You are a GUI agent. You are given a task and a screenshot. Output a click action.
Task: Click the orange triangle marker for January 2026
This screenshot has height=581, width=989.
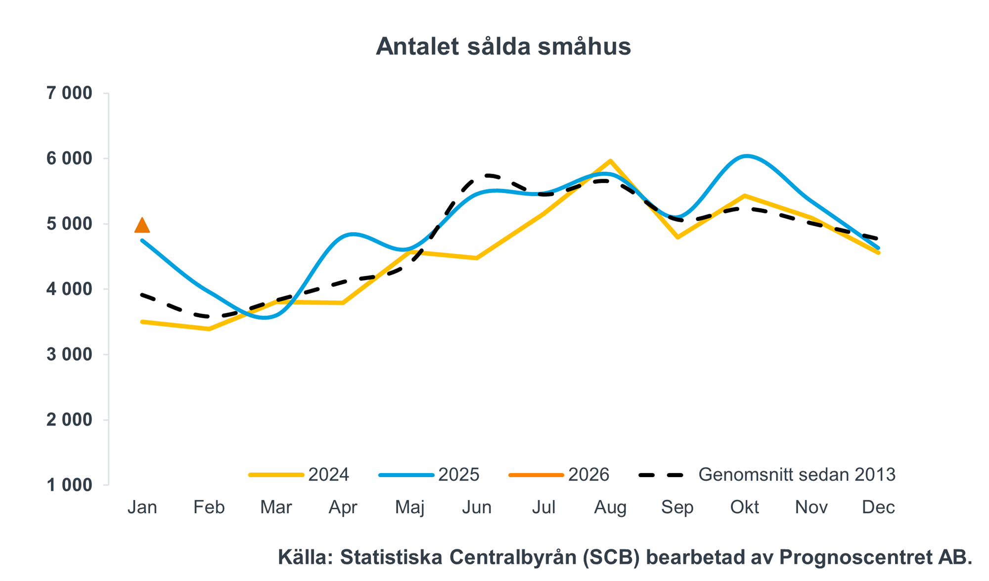(142, 226)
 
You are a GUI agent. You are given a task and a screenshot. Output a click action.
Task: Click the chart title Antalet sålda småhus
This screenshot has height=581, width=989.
(503, 47)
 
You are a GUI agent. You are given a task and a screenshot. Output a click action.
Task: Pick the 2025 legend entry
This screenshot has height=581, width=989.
(429, 475)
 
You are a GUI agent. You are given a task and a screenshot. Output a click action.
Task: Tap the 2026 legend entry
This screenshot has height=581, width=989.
(559, 475)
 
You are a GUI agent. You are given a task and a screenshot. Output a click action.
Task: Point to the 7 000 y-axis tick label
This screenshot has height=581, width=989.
(69, 93)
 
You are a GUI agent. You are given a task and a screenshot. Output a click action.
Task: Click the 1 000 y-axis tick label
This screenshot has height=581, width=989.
(69, 485)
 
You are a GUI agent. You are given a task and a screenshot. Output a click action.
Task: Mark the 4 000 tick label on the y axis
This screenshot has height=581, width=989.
(69, 289)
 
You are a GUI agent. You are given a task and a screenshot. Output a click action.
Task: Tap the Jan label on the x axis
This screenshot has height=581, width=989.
(142, 507)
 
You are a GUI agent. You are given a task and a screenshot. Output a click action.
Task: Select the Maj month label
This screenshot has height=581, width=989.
(410, 507)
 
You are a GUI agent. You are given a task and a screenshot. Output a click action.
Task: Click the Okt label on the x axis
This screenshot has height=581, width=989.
(744, 507)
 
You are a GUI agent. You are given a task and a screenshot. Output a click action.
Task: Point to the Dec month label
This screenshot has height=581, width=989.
(878, 507)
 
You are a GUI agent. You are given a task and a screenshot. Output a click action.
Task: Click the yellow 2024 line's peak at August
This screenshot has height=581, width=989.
(611, 161)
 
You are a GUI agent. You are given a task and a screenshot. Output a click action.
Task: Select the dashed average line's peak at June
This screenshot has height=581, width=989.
(487, 175)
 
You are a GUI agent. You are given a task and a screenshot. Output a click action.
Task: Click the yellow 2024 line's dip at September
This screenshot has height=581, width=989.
(677, 238)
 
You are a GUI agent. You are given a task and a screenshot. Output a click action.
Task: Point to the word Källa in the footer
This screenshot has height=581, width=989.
(305, 557)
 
